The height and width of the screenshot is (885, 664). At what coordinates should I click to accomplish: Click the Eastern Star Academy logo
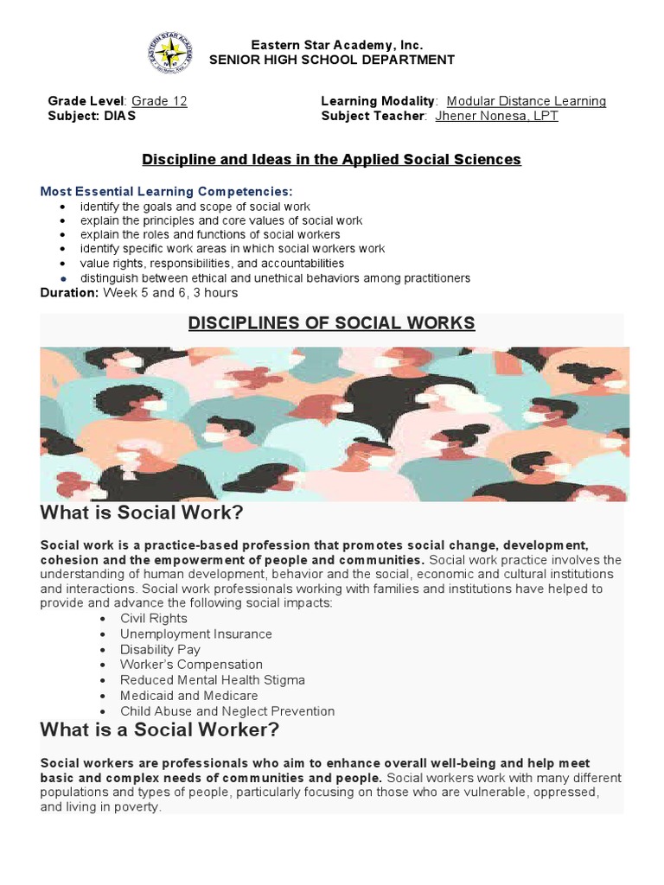point(170,54)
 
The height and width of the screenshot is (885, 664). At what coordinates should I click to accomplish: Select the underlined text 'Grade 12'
point(159,101)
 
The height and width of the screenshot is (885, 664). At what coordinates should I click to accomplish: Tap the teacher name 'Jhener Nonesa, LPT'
point(496,116)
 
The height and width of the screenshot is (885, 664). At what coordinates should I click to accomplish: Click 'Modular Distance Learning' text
point(526,101)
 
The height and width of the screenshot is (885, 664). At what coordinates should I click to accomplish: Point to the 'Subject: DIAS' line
point(92,116)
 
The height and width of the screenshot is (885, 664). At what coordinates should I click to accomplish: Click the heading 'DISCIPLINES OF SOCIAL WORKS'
point(332,323)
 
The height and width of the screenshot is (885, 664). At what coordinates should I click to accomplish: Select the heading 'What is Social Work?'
point(142,513)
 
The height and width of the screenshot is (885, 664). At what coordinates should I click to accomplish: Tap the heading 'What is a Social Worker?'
point(160,730)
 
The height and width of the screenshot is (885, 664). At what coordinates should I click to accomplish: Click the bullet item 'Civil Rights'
point(154,619)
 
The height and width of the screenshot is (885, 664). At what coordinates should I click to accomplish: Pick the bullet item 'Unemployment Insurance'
point(196,634)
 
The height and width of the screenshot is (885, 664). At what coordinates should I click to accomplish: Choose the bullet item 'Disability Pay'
point(160,650)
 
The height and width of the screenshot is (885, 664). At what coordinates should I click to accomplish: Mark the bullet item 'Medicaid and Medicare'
point(188,696)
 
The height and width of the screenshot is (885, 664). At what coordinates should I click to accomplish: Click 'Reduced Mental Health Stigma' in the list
point(213,680)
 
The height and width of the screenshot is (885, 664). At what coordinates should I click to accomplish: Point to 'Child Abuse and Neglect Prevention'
point(227,711)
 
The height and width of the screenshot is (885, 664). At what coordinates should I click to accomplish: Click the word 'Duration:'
point(69,293)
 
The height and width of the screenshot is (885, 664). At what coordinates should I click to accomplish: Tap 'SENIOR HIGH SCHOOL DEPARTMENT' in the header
point(332,60)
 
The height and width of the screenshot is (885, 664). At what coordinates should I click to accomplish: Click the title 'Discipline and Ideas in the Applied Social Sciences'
point(332,159)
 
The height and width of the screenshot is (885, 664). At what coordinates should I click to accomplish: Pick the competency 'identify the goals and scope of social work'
point(195,207)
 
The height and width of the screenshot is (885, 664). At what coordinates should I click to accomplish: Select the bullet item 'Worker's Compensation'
point(191,665)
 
